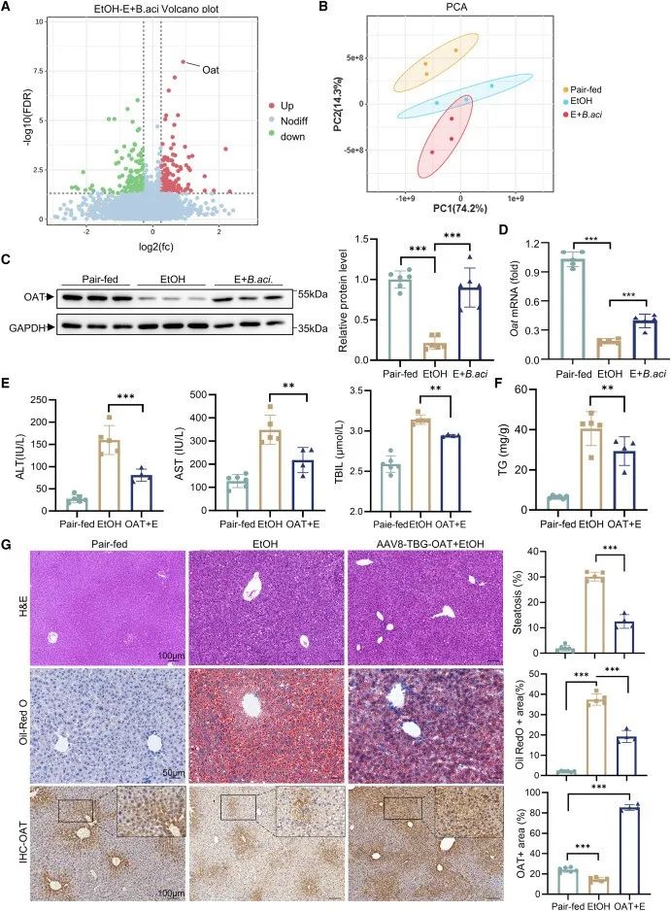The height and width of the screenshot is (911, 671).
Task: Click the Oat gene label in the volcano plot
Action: tap(211, 68)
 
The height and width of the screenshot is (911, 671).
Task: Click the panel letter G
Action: tap(8, 540)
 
